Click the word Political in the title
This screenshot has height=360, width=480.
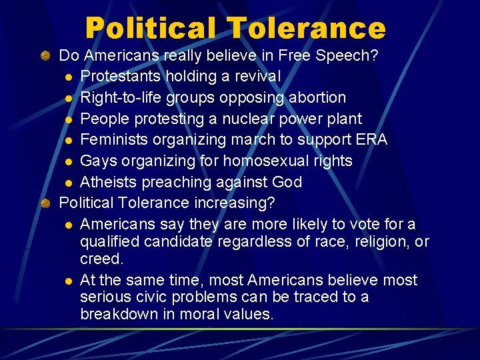[x=151, y=28]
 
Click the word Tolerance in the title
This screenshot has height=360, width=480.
[x=306, y=28]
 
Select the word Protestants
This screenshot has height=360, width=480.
[x=120, y=77]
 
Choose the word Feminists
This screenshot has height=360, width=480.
[x=114, y=140]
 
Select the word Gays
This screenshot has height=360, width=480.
[x=97, y=161]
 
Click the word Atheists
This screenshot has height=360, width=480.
[x=109, y=182]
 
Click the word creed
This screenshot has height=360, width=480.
[x=101, y=258]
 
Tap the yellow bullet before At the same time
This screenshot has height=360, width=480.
[x=69, y=280]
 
